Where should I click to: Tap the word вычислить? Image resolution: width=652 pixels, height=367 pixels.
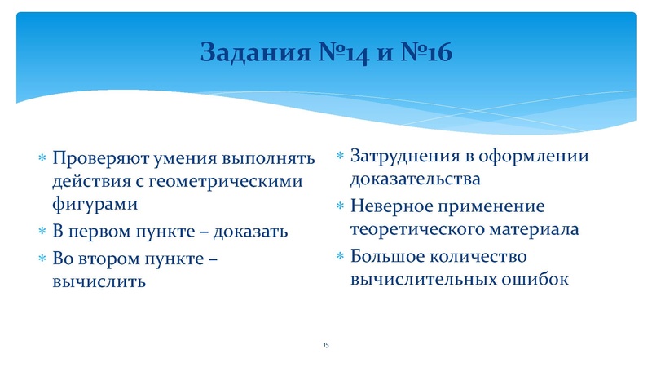(x=99, y=282)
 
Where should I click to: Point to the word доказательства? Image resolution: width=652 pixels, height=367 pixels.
(x=415, y=179)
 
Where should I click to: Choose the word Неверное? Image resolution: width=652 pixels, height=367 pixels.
(x=386, y=206)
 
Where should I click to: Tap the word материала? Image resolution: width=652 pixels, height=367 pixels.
(x=533, y=229)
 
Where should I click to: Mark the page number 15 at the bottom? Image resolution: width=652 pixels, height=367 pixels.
(x=326, y=347)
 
